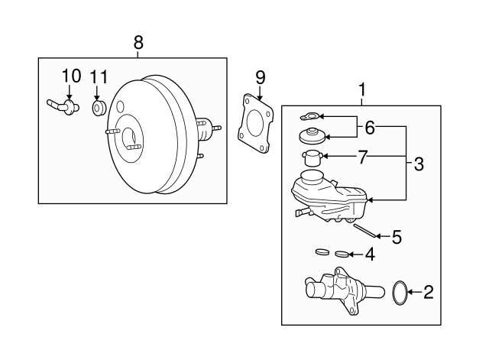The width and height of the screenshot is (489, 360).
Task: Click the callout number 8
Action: (138, 42)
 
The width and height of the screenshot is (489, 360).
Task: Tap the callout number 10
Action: (71, 76)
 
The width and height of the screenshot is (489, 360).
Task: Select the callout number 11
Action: (99, 76)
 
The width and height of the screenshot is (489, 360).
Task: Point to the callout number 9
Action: (260, 78)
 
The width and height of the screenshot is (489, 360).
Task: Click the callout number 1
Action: (361, 89)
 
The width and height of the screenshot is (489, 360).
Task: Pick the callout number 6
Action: (370, 128)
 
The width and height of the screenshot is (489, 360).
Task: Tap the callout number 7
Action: (362, 157)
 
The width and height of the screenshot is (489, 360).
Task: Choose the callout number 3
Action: (419, 164)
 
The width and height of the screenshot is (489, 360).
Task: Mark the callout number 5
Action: (397, 238)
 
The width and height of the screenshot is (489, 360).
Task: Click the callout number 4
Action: (370, 255)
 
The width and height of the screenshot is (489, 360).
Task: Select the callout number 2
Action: (428, 292)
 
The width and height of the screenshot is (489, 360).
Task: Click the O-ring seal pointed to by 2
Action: (393, 294)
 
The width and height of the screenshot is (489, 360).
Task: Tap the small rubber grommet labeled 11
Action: (99, 108)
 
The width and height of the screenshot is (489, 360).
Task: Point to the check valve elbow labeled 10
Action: (63, 106)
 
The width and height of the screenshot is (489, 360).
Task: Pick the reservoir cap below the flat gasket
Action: (312, 136)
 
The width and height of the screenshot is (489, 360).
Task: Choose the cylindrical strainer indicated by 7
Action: (311, 158)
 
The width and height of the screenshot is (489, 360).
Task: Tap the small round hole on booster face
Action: (120, 106)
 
